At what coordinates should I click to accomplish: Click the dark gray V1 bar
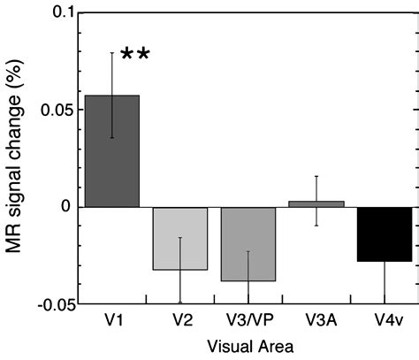coord(112,150)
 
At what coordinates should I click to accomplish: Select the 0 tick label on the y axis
coord(63,207)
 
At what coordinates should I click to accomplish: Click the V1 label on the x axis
coord(112,320)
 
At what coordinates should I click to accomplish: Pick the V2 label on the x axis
coord(180,320)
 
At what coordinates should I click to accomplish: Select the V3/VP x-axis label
coord(248,320)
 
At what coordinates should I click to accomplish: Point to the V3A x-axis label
coord(316,320)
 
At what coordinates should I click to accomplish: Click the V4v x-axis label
coord(385,320)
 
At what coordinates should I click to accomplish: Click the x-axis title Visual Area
coord(248,346)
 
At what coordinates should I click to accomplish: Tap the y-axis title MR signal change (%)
coord(16,159)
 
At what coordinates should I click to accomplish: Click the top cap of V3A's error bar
coord(316,176)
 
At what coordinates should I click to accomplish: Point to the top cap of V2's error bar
coord(180,237)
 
